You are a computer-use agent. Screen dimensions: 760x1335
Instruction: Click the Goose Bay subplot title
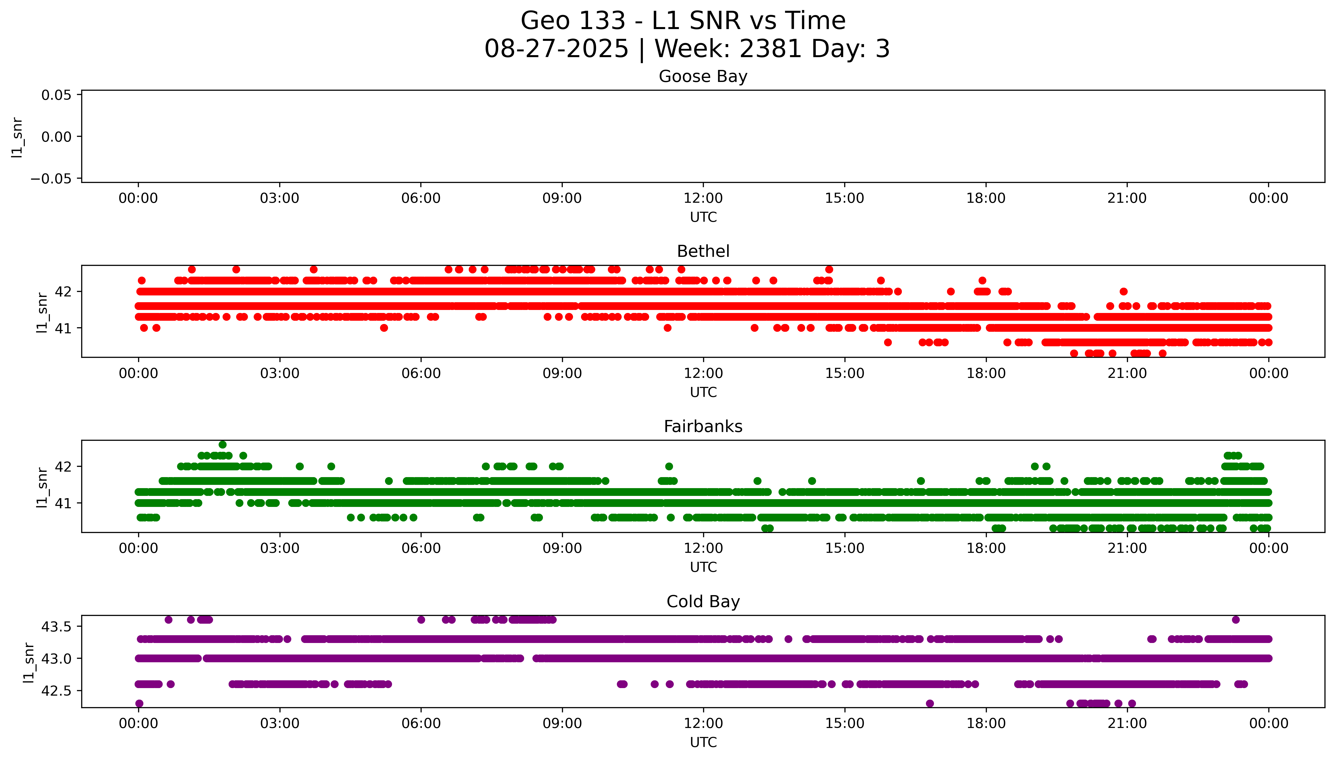(x=703, y=77)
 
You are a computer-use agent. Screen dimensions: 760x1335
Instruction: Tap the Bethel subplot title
(x=703, y=252)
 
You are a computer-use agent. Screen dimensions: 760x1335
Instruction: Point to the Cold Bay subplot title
(x=703, y=602)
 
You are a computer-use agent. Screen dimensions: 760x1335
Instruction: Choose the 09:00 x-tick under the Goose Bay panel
(x=562, y=198)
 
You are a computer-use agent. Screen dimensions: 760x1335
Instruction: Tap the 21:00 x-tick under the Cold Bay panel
(x=1127, y=723)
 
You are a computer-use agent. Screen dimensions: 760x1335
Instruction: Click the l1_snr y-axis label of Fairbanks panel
(x=42, y=487)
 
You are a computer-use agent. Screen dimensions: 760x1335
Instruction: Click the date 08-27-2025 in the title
(x=556, y=49)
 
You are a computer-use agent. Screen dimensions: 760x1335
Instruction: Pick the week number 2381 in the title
(x=770, y=49)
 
